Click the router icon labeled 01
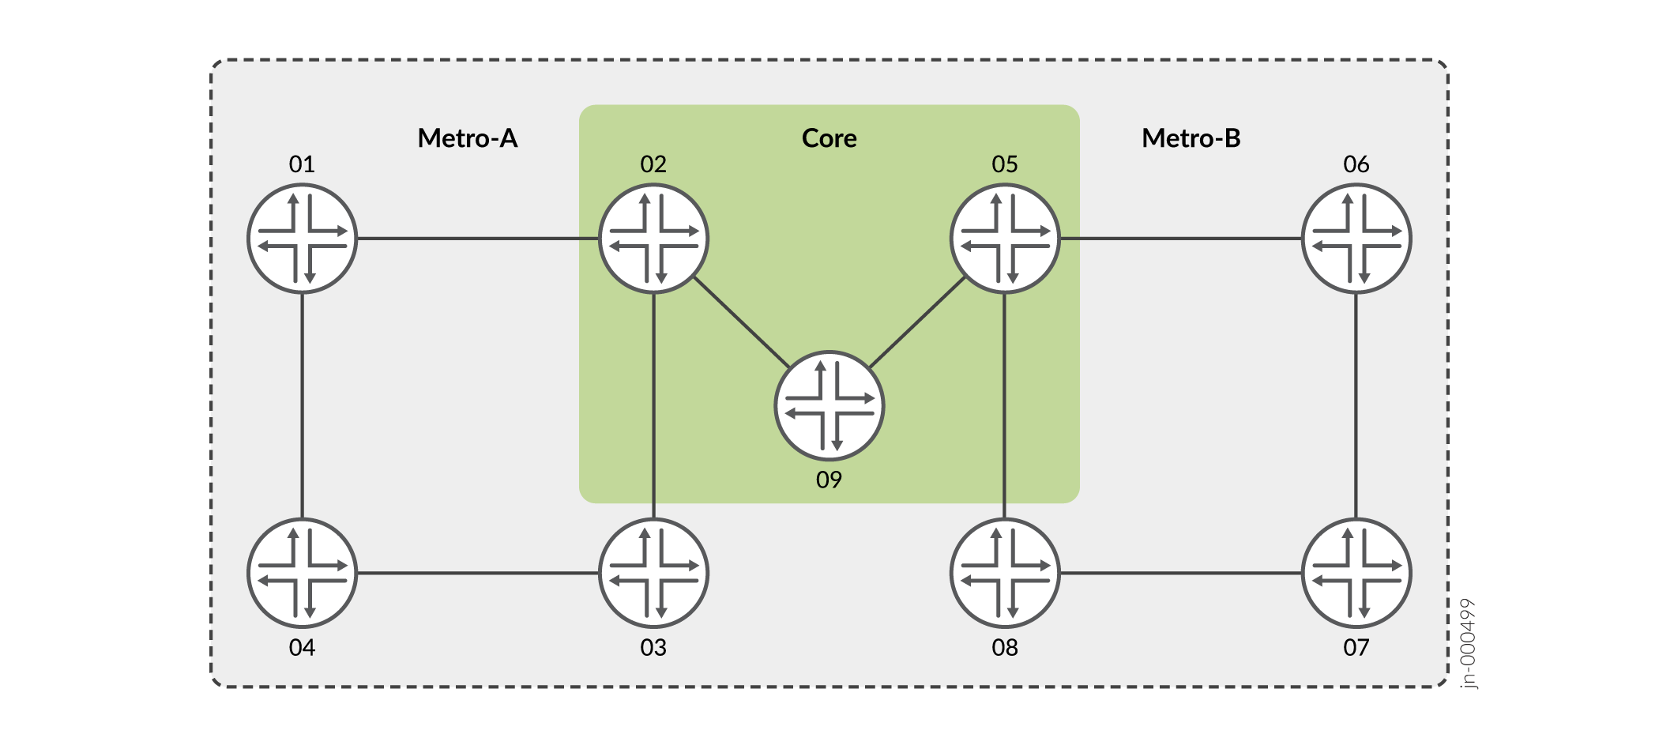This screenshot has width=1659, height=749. pos(303,239)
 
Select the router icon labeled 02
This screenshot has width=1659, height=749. pos(653,239)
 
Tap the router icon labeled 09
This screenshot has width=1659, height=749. pos(829,406)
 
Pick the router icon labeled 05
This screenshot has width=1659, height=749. pos(1004,239)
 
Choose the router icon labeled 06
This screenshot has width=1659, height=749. pos(1356,239)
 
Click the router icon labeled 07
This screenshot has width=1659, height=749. pos(1356,573)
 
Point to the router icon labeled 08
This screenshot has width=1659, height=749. pos(1004,573)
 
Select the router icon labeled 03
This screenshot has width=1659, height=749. pos(653,573)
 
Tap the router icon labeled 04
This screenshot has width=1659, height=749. pos(303,573)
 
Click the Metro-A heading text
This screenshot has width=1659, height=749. pos(468,138)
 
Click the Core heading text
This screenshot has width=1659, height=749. pos(829,138)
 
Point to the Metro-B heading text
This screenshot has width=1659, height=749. pos(1191,138)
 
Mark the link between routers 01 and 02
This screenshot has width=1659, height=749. pos(478,239)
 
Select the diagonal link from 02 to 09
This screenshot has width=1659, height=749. pos(741,322)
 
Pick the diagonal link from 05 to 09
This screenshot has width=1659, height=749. pos(917,322)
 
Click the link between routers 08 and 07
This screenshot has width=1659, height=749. pos(1180,573)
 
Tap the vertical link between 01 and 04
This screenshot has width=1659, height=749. pos(303,406)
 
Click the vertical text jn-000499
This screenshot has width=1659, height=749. pos(1467,643)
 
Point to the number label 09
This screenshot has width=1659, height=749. pos(829,480)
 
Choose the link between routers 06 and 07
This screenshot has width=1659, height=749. pos(1356,406)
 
